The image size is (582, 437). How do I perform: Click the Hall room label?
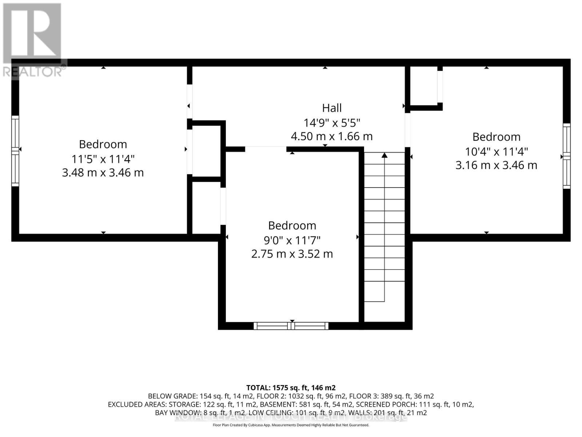(332, 108)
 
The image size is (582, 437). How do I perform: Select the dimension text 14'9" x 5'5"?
(332, 122)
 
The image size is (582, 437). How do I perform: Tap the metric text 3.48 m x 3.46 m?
(103, 172)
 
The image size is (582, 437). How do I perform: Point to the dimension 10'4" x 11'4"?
(497, 151)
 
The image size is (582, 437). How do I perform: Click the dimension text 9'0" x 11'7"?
(292, 240)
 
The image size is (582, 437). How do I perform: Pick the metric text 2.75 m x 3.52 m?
(292, 254)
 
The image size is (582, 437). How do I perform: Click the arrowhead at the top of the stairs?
(384, 155)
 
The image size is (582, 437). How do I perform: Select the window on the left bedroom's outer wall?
(15, 151)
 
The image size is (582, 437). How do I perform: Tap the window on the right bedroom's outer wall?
(566, 156)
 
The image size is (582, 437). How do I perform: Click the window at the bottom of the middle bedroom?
(291, 326)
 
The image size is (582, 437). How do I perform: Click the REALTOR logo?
(33, 40)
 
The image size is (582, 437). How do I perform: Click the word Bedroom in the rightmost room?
(497, 137)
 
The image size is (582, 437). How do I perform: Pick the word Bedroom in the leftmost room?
(103, 144)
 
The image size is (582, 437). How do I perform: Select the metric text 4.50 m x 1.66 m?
(332, 137)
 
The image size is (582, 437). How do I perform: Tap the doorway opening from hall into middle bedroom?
(266, 149)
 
